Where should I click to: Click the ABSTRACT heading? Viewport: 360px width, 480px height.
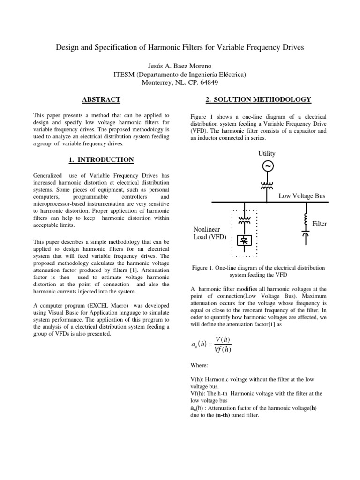pos(101,99)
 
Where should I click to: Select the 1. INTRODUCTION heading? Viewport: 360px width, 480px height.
pos(101,160)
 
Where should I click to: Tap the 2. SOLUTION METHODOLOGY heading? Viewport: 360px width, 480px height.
pos(258,99)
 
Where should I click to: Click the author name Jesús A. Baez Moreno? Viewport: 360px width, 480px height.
pos(180,66)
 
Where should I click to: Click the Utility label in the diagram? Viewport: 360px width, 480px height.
pos(267,153)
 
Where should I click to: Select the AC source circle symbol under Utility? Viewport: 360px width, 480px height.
pos(267,166)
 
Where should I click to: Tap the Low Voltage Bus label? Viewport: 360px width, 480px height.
pos(302,195)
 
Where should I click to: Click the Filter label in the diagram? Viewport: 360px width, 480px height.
pos(320,224)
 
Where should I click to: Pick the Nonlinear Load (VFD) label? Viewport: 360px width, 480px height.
pos(210,233)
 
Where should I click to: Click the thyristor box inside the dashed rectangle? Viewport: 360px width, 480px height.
pos(244,240)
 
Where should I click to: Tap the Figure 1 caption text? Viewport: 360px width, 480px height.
pos(258,271)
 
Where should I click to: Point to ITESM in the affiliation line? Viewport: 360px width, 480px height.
pos(124,75)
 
